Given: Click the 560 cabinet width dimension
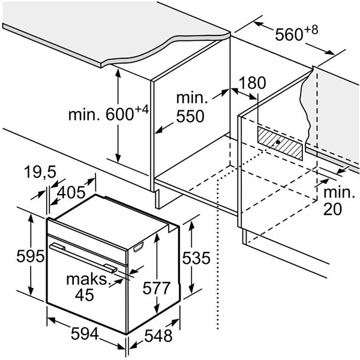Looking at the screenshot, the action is tap(289, 35).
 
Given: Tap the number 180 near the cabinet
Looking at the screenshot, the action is tap(253, 83).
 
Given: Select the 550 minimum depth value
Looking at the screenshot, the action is tap(190, 116).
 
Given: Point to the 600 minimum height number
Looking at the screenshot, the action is tap(119, 114).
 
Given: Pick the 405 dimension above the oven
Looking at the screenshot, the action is tap(71, 192).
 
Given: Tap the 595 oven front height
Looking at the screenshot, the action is tap(31, 256).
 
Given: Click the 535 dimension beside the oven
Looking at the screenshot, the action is tap(196, 257).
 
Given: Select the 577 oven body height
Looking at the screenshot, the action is tap(157, 287).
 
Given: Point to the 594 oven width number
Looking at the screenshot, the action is tap(85, 334).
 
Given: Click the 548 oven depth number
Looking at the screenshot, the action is tap(158, 335).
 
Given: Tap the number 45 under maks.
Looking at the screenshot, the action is tap(84, 295).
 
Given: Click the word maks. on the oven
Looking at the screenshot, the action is tap(87, 279).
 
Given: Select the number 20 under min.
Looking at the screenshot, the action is tap(332, 209).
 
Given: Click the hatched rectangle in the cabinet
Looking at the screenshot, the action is tap(280, 143).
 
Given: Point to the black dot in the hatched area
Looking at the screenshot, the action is tap(278, 142).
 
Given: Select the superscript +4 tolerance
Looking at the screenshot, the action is tap(142, 109).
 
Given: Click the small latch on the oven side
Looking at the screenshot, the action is tap(139, 247).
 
